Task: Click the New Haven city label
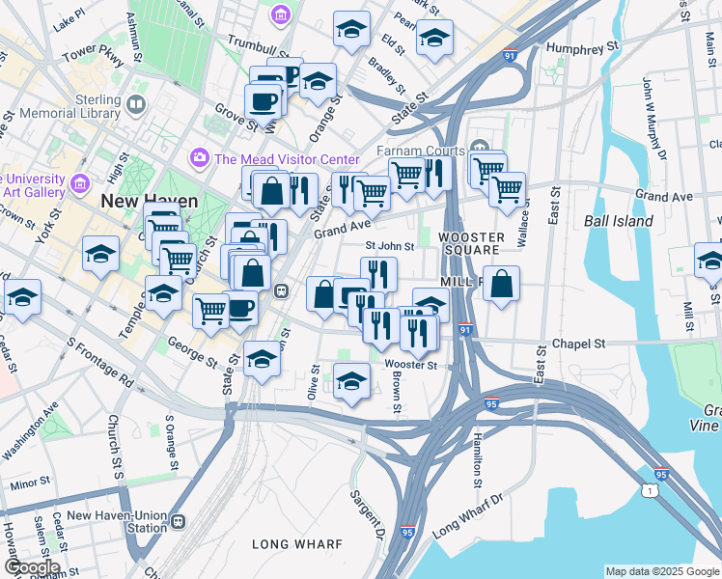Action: pos(150,202)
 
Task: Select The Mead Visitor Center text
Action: pos(287,159)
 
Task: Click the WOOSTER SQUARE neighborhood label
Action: pos(471,245)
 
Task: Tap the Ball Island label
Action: pos(619,221)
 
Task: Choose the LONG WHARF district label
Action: pos(297,544)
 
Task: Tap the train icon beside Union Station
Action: pos(179,522)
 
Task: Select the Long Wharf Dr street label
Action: pos(468,515)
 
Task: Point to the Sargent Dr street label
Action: pos(367,515)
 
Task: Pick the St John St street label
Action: pos(389,246)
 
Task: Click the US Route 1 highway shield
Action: pos(649,491)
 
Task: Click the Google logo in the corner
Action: pos(32,567)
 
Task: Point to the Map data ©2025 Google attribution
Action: pos(661,571)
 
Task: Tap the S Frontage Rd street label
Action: pos(98,361)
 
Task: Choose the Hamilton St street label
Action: pos(476,457)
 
